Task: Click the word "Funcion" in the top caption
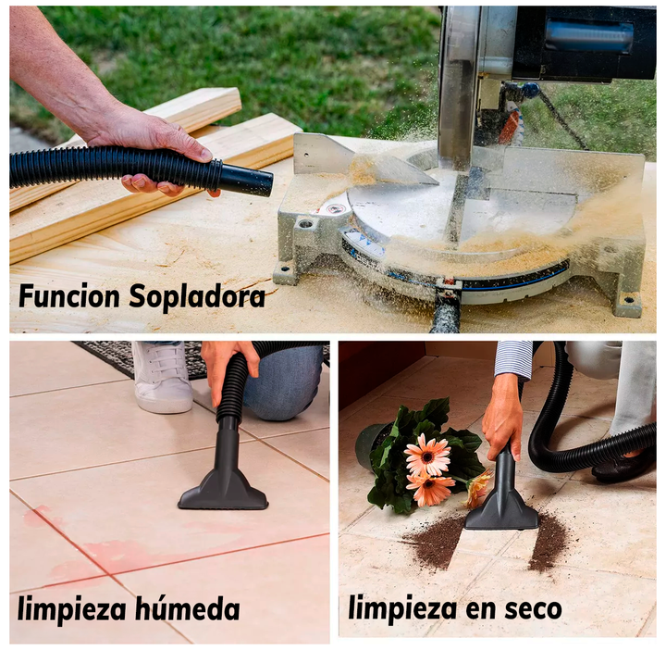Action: tap(69, 296)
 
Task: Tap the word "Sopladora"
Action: tap(197, 297)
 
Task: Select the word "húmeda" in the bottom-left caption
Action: tap(188, 608)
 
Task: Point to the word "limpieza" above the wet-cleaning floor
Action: tap(72, 609)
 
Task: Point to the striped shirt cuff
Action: tap(513, 359)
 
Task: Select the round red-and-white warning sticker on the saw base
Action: tap(332, 210)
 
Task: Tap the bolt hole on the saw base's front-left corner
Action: tap(305, 222)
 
